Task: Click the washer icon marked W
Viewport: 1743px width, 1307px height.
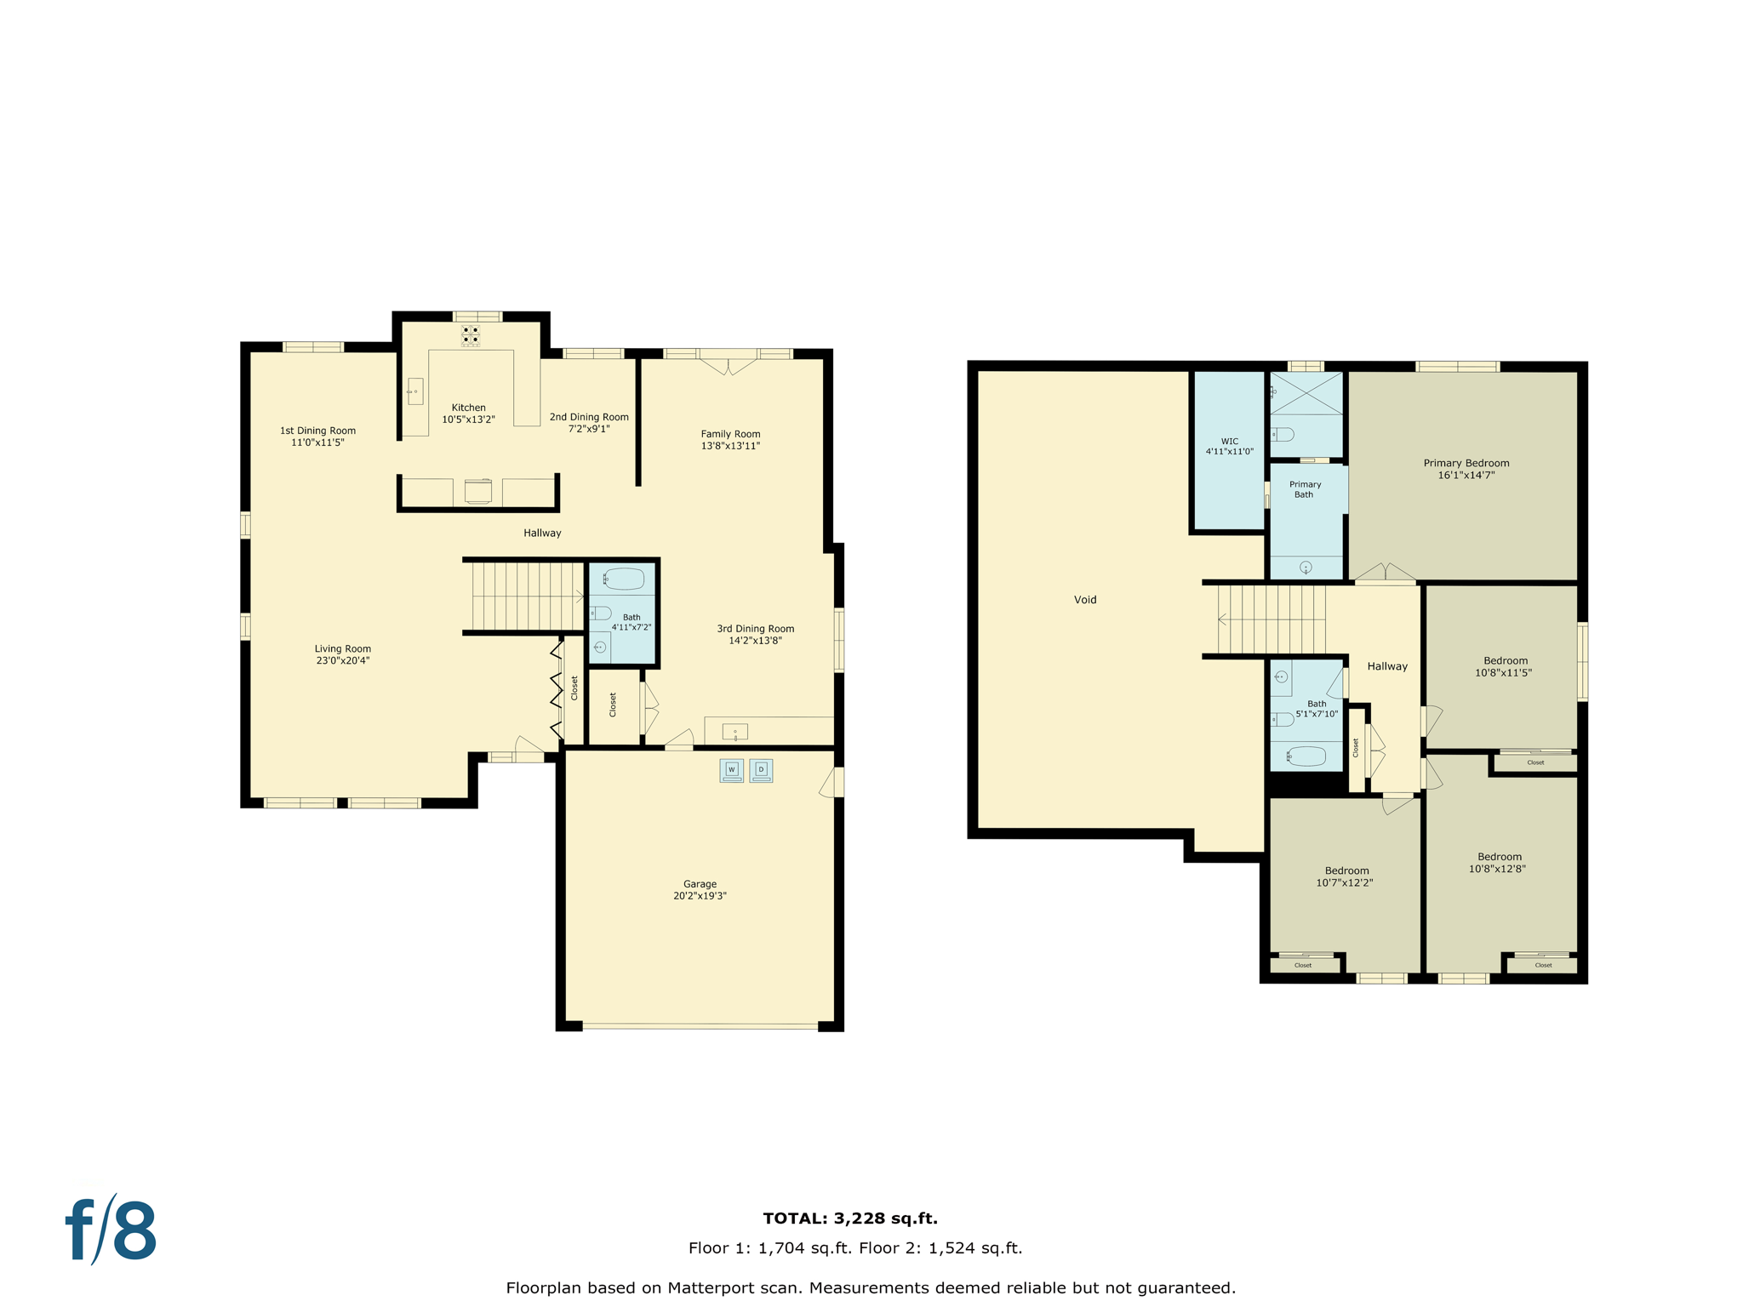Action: coord(731,770)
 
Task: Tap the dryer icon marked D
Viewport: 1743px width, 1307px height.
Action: coord(761,770)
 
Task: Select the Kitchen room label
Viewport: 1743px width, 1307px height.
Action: coord(468,408)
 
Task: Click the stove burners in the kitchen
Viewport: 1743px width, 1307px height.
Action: coord(471,334)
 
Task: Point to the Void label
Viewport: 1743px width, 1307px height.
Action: coord(1085,600)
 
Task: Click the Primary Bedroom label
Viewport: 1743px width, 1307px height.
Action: coord(1466,463)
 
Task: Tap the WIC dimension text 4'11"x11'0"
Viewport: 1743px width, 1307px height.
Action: coord(1229,452)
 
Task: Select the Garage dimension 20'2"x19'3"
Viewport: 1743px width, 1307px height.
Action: coord(700,896)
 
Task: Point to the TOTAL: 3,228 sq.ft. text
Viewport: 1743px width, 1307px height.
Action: coord(850,1219)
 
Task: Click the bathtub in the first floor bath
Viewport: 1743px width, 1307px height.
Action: coord(624,579)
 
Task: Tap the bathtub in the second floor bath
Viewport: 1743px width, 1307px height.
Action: coord(1306,756)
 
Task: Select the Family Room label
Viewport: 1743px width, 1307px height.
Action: coord(730,434)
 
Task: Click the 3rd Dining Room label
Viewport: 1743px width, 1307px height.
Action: coord(755,629)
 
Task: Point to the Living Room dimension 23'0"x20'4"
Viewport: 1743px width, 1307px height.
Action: coord(342,660)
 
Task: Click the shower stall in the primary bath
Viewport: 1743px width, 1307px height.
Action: coord(1306,393)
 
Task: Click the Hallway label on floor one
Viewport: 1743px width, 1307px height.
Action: coord(542,533)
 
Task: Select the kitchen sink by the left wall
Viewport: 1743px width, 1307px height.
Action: coord(415,391)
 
